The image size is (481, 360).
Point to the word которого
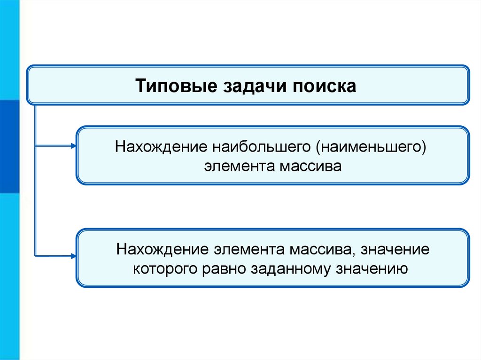click(167, 269)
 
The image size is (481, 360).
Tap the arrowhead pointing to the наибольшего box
click(72, 146)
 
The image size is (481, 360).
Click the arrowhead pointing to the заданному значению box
click(72, 256)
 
